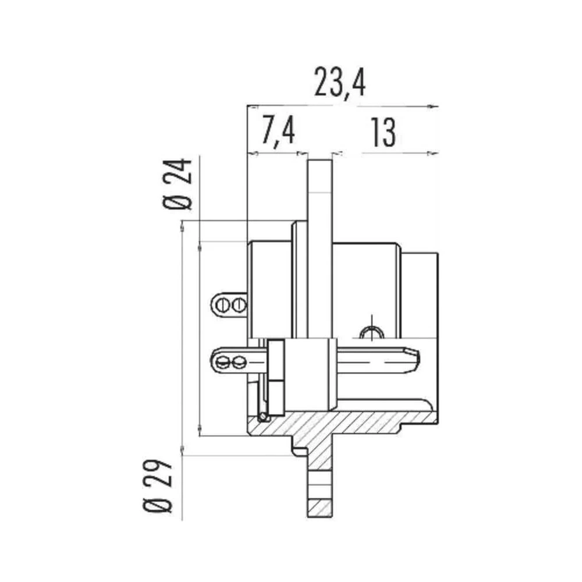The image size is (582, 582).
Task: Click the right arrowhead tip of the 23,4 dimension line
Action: click(438, 107)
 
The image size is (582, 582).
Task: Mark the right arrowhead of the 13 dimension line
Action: click(434, 152)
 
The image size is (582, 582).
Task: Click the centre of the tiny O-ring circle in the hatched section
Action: click(264, 417)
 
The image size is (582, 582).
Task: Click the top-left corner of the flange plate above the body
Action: click(308, 159)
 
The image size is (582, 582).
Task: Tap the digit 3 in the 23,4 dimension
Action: click(333, 82)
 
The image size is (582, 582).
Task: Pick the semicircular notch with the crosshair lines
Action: click(372, 332)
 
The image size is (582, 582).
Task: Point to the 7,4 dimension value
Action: click(278, 130)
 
